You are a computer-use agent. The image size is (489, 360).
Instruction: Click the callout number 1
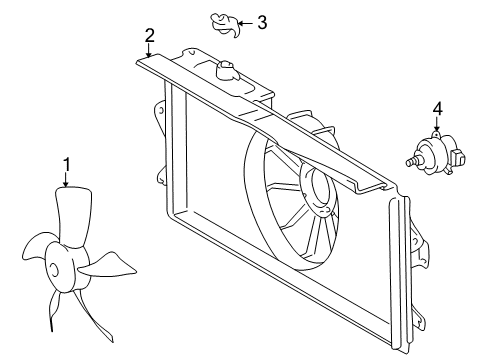pos(66,164)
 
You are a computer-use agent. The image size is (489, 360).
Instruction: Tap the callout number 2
pos(149,36)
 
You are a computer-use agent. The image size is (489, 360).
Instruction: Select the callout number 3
pos(262,21)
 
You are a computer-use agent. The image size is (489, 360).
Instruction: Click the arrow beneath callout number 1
pos(66,181)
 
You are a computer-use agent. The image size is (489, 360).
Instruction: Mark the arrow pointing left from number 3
pos(245,22)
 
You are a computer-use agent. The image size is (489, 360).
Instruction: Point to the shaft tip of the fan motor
pos(410,160)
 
